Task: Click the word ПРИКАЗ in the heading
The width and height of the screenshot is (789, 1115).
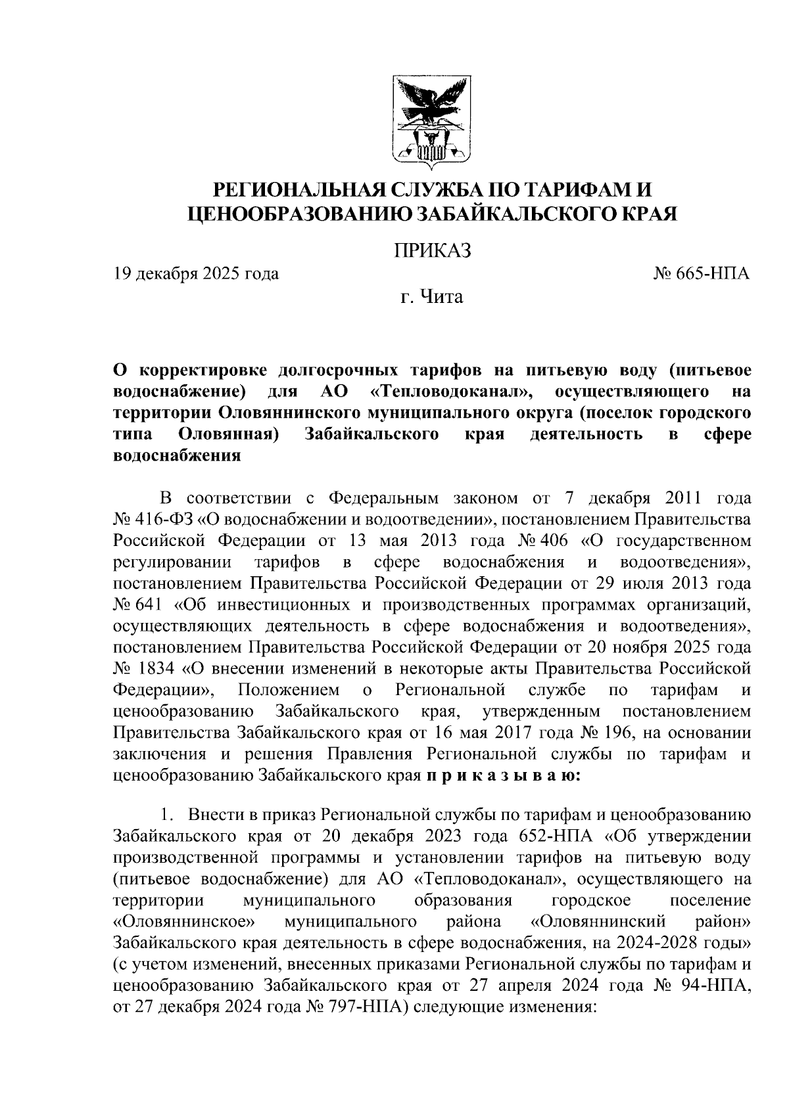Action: coord(432,251)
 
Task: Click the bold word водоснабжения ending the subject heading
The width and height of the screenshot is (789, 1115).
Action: coord(177,456)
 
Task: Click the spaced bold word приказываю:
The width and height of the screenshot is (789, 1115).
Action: coord(503,775)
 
